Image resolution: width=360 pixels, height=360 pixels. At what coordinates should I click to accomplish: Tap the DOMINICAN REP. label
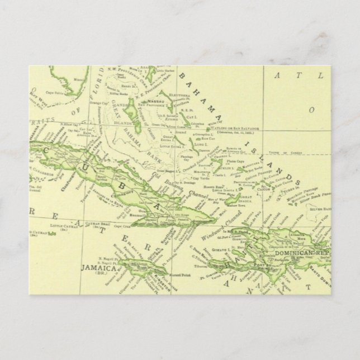coord(301,253)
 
